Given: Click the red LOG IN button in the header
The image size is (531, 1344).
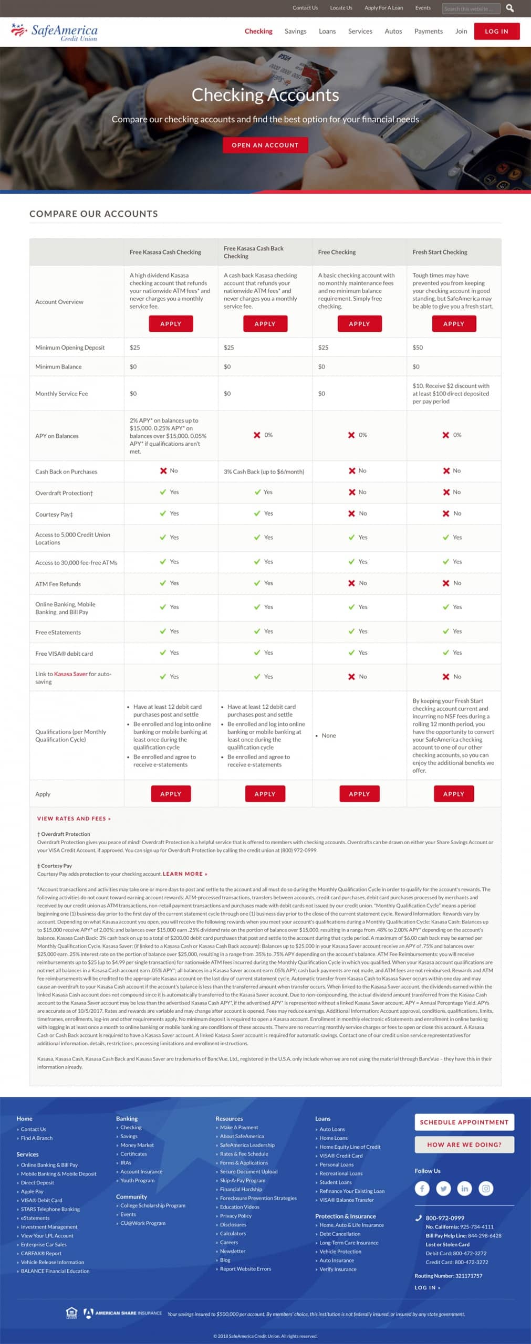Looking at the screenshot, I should coord(496,31).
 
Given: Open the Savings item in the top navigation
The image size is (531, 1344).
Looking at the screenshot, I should coord(295,31).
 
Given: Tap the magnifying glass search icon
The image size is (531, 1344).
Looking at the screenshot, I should coord(509,8).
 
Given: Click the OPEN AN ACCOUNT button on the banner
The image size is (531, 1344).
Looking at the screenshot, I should coord(265,145).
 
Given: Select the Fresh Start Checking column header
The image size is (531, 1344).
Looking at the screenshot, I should coord(440,252).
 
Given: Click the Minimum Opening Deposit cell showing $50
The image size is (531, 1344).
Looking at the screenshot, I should coord(418,348).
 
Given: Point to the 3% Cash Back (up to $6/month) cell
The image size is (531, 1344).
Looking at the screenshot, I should coord(264,471).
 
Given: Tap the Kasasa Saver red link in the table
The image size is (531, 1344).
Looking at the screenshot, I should coord(70,674).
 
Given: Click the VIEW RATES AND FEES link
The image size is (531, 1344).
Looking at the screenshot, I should coord(74,818).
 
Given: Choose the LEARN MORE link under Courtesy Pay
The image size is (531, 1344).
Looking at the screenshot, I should coord(185,874).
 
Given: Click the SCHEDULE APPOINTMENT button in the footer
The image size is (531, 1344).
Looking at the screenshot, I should coord(464,1122).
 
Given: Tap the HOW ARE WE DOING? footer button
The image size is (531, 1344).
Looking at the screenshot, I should coord(464,1144).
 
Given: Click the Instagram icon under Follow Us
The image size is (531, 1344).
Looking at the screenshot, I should coord(486,1188).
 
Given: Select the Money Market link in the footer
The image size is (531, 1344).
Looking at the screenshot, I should coord(137,1145).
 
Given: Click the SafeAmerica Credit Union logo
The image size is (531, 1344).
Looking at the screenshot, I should coord(55,32).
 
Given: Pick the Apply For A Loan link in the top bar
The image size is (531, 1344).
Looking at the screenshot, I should coord(383,8).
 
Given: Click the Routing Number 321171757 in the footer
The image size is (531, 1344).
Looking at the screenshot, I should coord(448,1276).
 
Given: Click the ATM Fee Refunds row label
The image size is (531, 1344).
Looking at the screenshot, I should coord(58,584).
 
